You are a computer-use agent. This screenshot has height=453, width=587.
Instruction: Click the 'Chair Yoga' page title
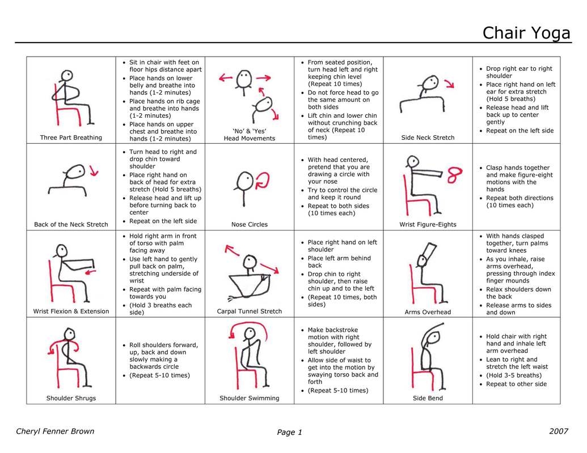coord(526,33)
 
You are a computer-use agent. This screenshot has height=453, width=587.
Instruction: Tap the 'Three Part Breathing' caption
coord(71,138)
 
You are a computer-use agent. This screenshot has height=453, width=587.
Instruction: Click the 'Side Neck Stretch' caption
coord(428,138)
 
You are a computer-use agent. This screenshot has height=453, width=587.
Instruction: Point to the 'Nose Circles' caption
coord(250,225)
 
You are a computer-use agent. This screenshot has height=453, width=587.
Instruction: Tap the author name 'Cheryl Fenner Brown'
coord(55,431)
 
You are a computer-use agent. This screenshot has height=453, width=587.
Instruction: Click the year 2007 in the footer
coord(559,431)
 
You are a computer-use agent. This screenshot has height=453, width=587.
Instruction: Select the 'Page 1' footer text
coord(290,433)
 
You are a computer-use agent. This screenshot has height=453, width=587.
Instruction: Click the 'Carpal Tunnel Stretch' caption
coord(250,311)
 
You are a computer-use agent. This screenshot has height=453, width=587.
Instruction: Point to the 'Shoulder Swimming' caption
coord(250,399)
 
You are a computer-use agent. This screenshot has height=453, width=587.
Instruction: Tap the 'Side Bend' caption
coord(428,399)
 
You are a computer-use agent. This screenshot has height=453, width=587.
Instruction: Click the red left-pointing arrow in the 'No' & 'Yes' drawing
coord(227,77)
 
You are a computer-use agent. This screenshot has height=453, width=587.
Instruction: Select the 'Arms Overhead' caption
coord(428,312)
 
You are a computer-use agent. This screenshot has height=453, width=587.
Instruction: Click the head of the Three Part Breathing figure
coord(67,75)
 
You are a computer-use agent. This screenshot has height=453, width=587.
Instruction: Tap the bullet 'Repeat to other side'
coord(516,384)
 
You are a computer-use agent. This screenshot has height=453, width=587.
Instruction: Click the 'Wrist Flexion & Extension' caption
coord(71,311)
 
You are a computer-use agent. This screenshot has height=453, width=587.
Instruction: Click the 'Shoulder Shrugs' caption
coord(71,399)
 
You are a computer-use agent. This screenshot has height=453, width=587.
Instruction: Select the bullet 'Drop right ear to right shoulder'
coord(518,72)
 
